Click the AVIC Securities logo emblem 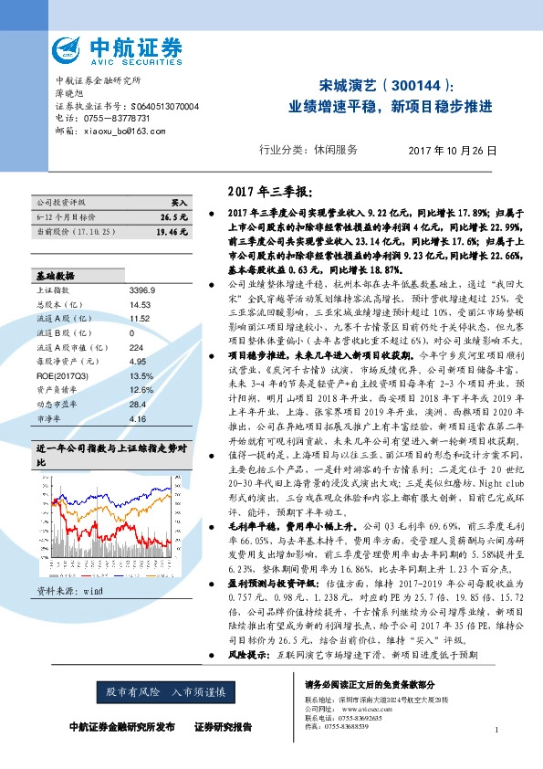70,47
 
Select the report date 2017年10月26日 453,150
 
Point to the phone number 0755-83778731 110,119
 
